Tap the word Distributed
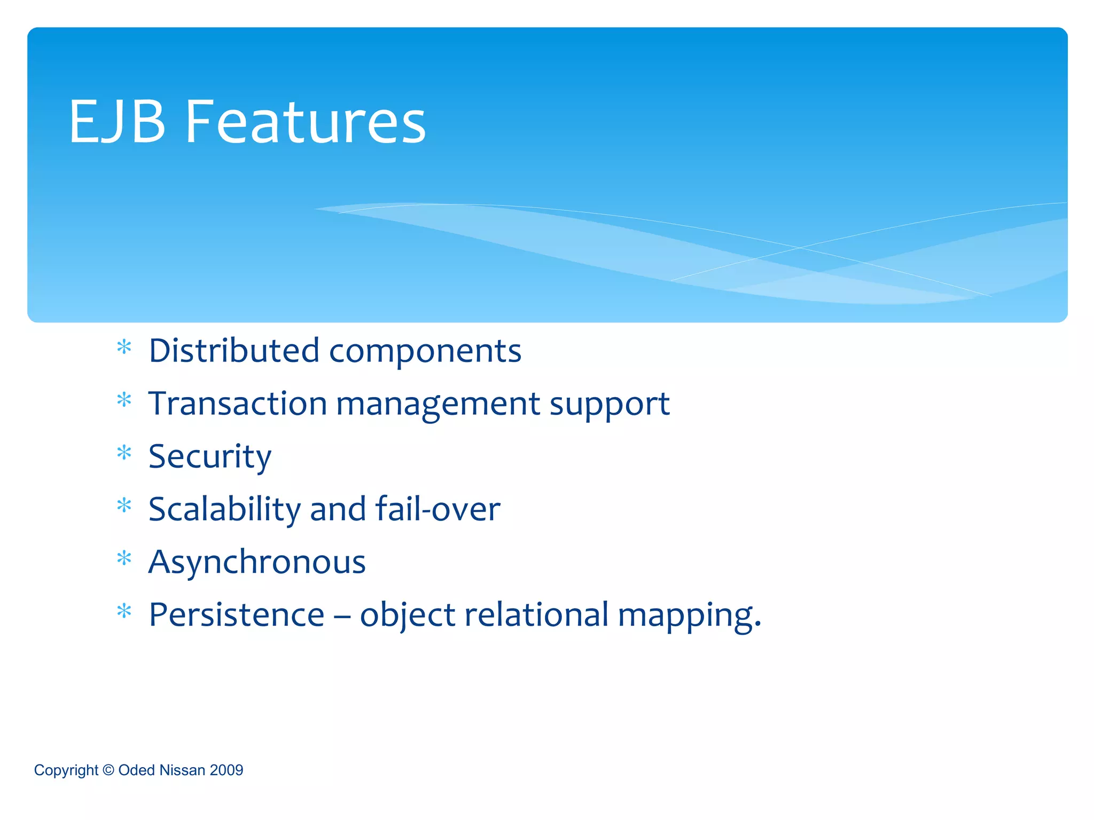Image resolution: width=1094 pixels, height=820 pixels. point(234,351)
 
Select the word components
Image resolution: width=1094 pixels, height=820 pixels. point(425,352)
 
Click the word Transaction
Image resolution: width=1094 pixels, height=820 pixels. point(238,404)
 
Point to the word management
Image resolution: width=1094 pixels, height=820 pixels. point(438,405)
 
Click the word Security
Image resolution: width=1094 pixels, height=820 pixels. point(210,457)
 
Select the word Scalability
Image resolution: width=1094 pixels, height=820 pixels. point(224,509)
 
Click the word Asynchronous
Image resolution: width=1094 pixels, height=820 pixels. point(257,562)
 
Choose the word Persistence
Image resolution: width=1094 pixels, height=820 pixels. point(237,614)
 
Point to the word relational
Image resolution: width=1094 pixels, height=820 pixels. point(536,614)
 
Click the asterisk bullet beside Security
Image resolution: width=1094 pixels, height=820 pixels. point(124,453)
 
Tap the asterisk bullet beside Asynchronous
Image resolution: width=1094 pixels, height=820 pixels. point(124,558)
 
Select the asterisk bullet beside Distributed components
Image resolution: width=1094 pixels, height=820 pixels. point(124,347)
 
